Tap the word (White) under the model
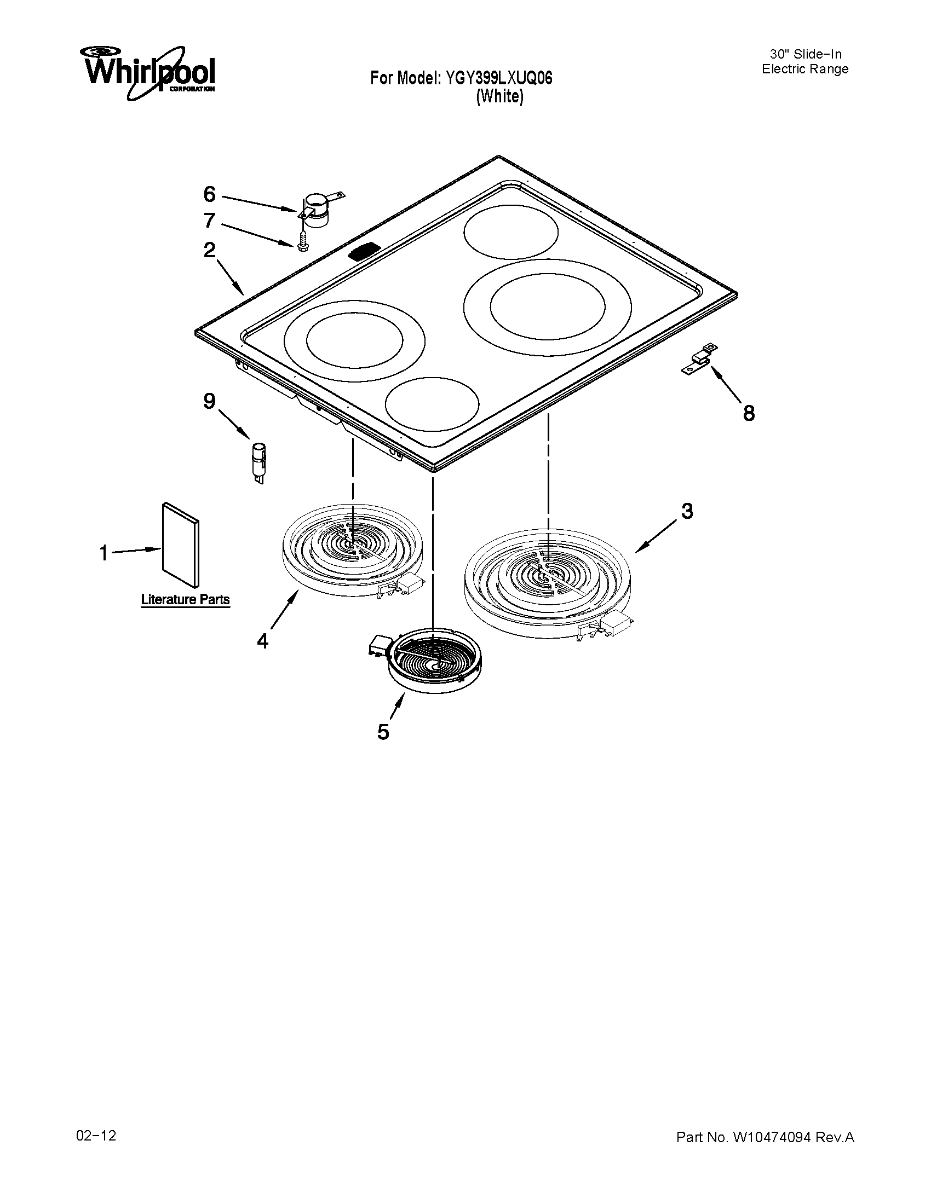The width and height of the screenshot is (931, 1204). (x=499, y=97)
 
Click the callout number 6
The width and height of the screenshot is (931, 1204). (x=209, y=194)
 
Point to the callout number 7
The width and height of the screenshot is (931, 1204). (x=209, y=221)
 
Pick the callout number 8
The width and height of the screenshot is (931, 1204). (x=749, y=413)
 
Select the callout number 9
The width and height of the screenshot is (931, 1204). (x=209, y=401)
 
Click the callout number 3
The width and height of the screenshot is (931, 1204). (x=687, y=511)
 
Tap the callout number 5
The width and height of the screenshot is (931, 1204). (x=383, y=732)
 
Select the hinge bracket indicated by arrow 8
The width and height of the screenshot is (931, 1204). (x=699, y=359)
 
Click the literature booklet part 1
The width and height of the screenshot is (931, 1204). (x=180, y=543)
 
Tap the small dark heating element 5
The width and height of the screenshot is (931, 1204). (x=434, y=660)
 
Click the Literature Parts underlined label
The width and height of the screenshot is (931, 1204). (x=185, y=600)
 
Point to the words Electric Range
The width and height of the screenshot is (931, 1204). (x=804, y=70)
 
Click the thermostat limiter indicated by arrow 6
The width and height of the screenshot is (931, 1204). (x=317, y=209)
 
